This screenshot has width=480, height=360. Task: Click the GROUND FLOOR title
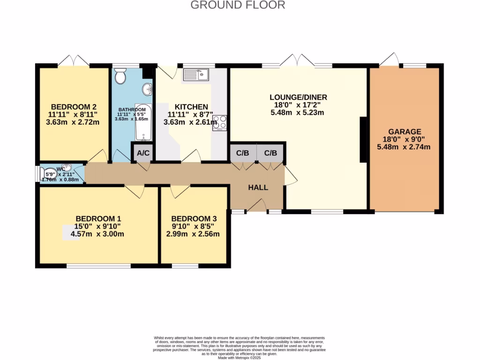pos(238,5)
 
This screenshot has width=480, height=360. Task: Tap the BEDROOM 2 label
pos(74,106)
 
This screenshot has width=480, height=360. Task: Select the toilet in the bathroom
pos(120,75)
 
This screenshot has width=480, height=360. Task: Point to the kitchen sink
pos(196,75)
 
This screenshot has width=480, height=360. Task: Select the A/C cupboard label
pos(142,153)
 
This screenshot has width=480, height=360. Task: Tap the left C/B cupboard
pos(242,153)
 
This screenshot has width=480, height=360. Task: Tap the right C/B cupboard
pos(270,153)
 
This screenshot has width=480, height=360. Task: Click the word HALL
pos(258,187)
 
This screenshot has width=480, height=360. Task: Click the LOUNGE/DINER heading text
pos(298,97)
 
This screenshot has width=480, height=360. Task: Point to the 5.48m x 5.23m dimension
pos(297,112)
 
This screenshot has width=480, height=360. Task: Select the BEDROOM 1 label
pos(98,218)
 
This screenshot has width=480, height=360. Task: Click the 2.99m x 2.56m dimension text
pos(193,234)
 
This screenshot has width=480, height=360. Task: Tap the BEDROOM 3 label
pos(194,219)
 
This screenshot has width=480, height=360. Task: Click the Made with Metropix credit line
pos(240,358)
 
